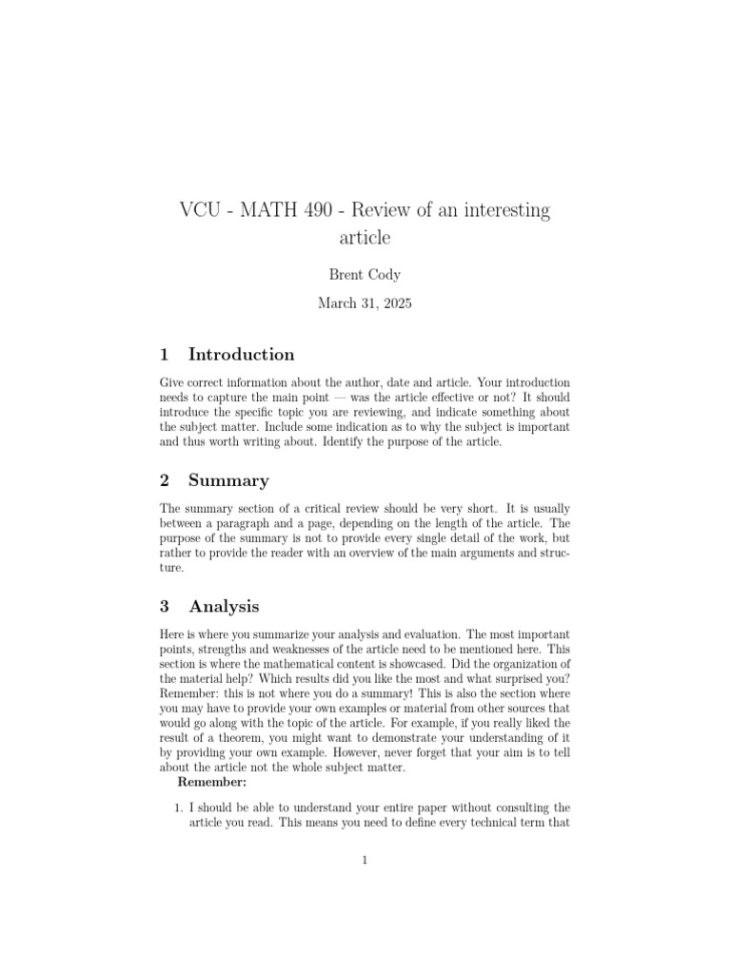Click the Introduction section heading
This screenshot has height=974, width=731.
coord(242,355)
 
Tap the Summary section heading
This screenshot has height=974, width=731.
coord(228,480)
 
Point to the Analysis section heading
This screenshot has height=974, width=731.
coord(224,606)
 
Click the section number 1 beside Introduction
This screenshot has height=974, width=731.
coord(165,355)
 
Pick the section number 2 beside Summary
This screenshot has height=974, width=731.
coord(165,480)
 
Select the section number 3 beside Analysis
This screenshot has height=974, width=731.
coord(165,606)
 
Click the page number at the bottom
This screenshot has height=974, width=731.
coord(365,861)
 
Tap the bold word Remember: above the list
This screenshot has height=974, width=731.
coord(212,782)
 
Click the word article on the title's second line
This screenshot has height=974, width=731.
coord(365,237)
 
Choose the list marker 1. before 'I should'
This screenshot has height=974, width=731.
coord(177,808)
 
